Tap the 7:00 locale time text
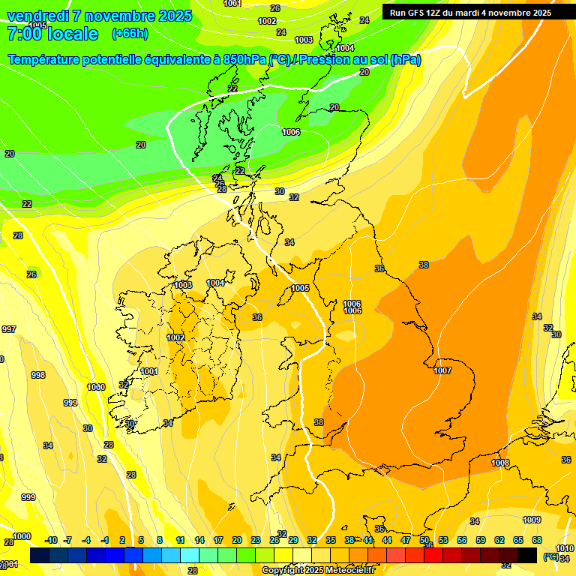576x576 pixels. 52,34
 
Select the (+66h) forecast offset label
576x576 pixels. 130,34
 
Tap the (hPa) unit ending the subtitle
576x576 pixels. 405,60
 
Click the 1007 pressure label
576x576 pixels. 442,370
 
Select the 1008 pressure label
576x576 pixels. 500,463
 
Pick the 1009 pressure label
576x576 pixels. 532,520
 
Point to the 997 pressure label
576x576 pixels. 8,329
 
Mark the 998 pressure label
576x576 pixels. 37,375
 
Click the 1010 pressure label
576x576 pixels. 564,549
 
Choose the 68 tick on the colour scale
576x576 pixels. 537,540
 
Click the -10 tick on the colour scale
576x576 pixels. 51,540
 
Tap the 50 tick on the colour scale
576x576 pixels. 424,540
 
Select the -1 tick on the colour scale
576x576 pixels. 104,540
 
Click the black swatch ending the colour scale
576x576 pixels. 527,555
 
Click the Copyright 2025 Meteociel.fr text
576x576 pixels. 318,570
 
